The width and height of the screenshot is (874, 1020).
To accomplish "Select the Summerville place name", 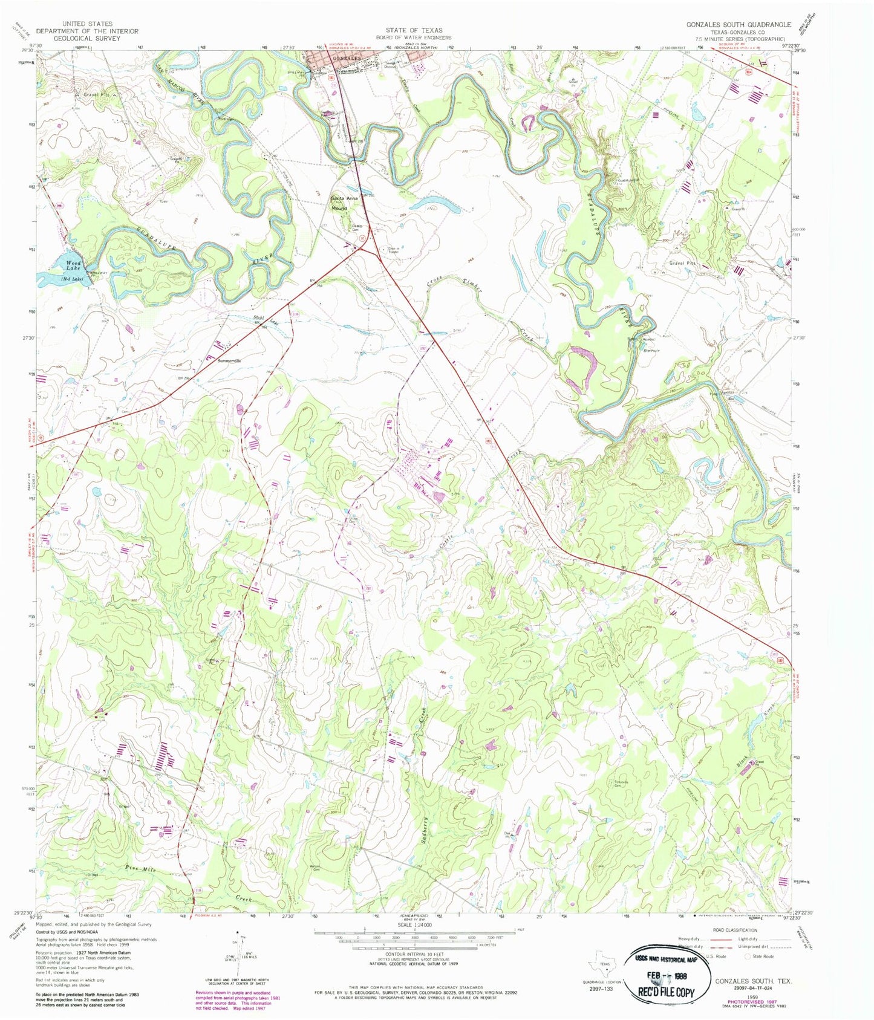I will pyautogui.click(x=229, y=360).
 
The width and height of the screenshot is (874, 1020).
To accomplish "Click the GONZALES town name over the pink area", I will pyautogui.click(x=344, y=58).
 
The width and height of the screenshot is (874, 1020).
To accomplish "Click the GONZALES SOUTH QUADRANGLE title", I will pyautogui.click(x=738, y=24).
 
